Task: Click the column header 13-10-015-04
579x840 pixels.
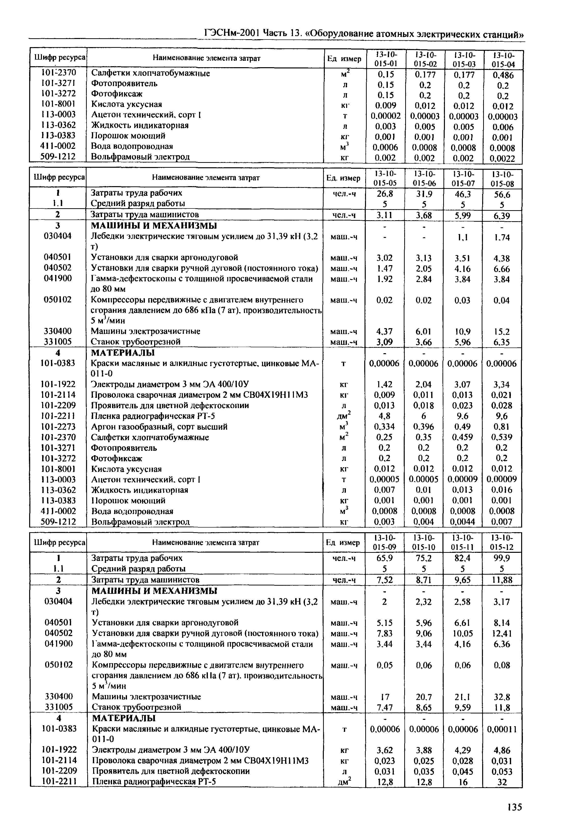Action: (503, 60)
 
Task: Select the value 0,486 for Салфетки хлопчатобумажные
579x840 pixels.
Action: (503, 75)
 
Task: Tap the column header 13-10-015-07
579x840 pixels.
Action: (463, 178)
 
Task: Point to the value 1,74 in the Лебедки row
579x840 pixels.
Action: (502, 238)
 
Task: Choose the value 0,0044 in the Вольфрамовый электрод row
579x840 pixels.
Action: (463, 522)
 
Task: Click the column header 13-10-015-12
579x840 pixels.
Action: (502, 543)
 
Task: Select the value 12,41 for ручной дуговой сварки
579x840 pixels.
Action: (502, 634)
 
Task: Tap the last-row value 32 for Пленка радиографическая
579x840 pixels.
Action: (502, 782)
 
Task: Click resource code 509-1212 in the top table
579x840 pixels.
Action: (58, 156)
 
